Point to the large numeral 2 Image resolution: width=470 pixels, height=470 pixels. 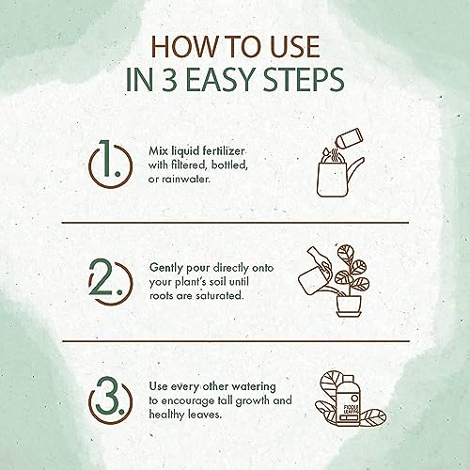(x=102, y=277)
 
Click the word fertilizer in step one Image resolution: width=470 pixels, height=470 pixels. (x=223, y=151)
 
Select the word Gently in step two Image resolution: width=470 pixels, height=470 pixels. (x=166, y=269)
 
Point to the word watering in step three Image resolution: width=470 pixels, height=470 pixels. (x=255, y=386)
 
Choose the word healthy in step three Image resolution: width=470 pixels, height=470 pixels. (x=167, y=415)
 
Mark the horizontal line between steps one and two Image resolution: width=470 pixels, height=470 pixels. (x=235, y=223)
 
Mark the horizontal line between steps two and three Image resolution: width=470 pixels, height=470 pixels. (x=236, y=341)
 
